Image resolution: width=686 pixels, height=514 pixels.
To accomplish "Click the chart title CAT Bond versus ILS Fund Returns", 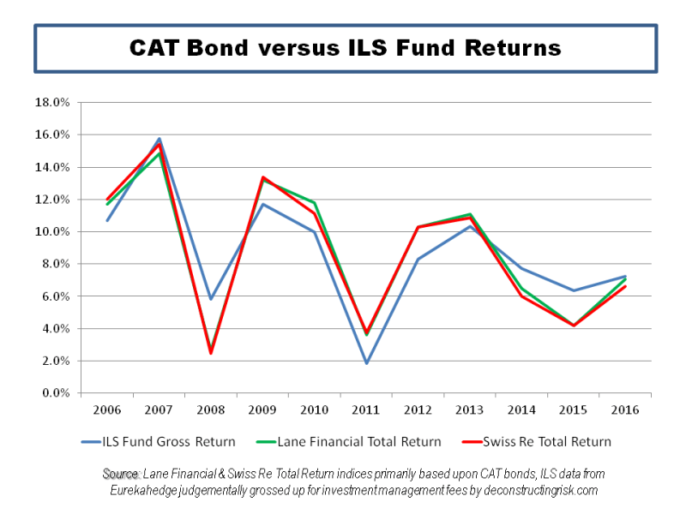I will click(x=345, y=47).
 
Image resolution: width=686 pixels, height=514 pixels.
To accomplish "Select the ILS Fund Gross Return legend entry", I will click(x=171, y=442).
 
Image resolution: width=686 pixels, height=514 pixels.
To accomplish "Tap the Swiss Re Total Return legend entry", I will click(x=550, y=442).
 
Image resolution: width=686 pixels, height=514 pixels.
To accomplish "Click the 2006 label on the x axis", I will click(x=107, y=409).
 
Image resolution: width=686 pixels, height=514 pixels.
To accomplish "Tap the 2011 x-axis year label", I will click(x=366, y=409).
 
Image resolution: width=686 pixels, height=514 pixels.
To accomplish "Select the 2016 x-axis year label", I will click(x=625, y=409).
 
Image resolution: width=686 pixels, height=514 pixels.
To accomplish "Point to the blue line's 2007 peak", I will click(x=159, y=139).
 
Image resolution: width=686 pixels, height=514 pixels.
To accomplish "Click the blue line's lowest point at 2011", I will click(x=366, y=363).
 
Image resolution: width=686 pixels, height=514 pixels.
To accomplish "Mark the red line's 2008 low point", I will click(x=211, y=353).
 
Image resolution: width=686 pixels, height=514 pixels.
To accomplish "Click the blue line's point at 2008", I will click(x=211, y=299).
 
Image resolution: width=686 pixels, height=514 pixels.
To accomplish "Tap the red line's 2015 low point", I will click(x=574, y=326).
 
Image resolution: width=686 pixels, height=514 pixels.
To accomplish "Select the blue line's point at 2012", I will click(x=418, y=259).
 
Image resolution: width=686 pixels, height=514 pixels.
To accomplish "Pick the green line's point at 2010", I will click(x=315, y=203).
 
